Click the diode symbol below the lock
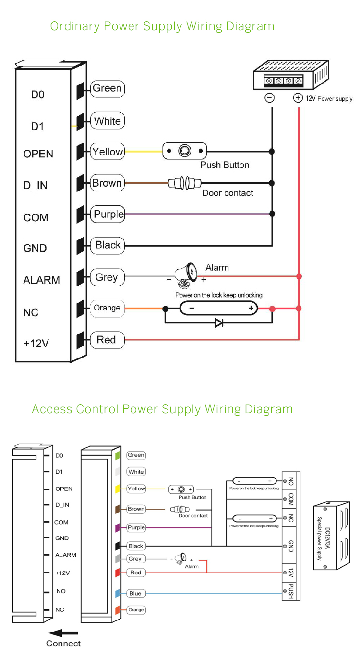(x=219, y=323)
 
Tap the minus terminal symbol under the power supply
(x=270, y=98)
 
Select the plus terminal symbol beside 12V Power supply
(x=298, y=98)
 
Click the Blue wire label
(x=135, y=594)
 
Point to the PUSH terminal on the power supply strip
(x=291, y=591)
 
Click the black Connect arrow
(x=64, y=632)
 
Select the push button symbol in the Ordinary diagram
(x=184, y=151)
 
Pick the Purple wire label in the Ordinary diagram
(x=108, y=214)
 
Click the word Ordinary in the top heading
(x=74, y=26)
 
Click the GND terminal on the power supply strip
(x=291, y=545)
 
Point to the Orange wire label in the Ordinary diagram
(x=107, y=308)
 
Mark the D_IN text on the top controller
(x=36, y=185)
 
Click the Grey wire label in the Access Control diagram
(x=135, y=559)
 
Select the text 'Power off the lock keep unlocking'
(x=254, y=526)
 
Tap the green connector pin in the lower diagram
(x=117, y=455)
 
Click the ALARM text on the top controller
(x=41, y=280)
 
